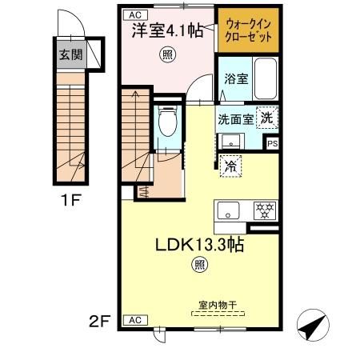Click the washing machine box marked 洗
tap(268, 116)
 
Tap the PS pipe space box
tap(273, 144)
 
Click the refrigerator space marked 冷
tap(230, 167)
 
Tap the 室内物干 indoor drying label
tap(218, 304)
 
